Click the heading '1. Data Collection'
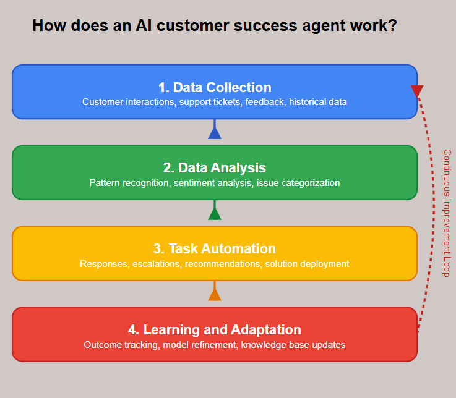(214, 87)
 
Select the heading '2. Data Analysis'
(214, 167)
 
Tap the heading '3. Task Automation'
(214, 248)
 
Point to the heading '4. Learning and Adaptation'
(214, 329)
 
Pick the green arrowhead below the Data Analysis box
(215, 213)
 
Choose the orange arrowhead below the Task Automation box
(215, 294)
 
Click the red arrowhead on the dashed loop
(417, 91)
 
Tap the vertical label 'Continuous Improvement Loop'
(447, 213)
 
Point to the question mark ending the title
(392, 26)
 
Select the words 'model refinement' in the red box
(199, 345)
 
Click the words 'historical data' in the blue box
(318, 102)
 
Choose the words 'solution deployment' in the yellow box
(307, 264)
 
